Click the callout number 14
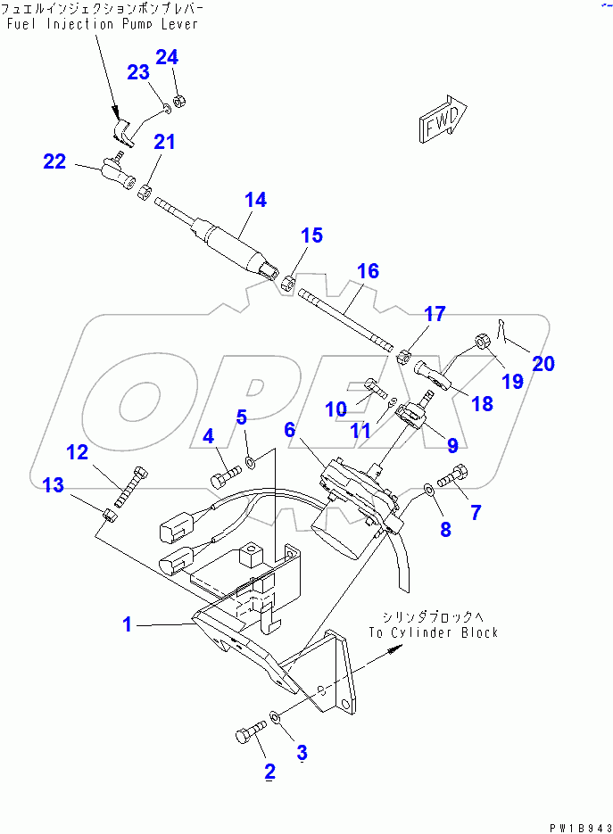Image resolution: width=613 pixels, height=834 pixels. (255, 200)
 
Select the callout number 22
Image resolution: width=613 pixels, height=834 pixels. (54, 161)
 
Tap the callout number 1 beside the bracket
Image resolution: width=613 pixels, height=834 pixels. (127, 624)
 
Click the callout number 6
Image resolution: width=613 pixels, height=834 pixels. (290, 430)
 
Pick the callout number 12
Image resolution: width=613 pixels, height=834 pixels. (78, 452)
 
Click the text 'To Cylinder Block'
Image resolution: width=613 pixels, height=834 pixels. (433, 632)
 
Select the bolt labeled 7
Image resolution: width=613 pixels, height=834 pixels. (453, 482)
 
